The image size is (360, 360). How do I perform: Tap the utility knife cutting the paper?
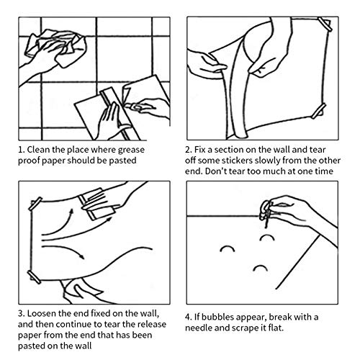tap(135, 107)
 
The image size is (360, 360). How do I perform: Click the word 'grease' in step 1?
tap(132, 150)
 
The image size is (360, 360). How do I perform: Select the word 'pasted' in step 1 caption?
tap(122, 161)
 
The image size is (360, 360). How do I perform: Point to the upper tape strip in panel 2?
tap(325, 24)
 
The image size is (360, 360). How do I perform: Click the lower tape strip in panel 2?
tap(319, 111)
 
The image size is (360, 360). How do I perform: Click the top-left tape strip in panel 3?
tap(35, 204)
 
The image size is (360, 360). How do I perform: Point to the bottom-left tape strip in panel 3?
tap(34, 277)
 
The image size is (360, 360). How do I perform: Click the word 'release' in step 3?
tap(152, 324)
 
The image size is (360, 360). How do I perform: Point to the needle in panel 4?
tap(266, 219)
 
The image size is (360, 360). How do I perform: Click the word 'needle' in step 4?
tap(199, 328)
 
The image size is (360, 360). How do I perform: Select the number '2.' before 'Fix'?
tap(189, 150)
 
